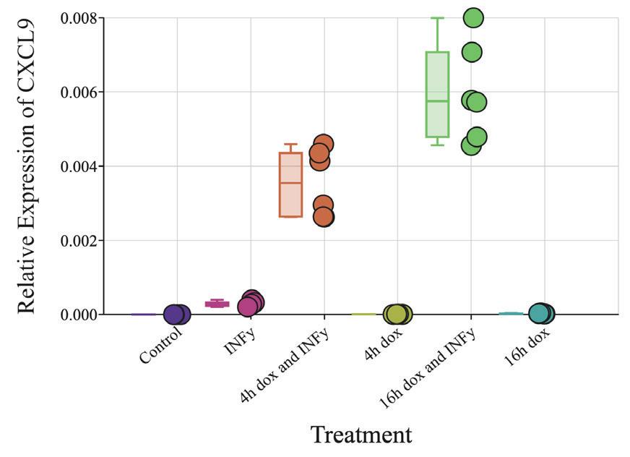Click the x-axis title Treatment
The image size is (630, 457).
click(x=361, y=435)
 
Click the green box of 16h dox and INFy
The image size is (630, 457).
click(x=437, y=94)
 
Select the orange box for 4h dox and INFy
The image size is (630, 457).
click(x=290, y=184)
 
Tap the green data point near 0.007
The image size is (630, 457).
click(x=472, y=52)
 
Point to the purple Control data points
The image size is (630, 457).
click(x=176, y=315)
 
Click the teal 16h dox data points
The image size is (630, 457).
click(x=541, y=313)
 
